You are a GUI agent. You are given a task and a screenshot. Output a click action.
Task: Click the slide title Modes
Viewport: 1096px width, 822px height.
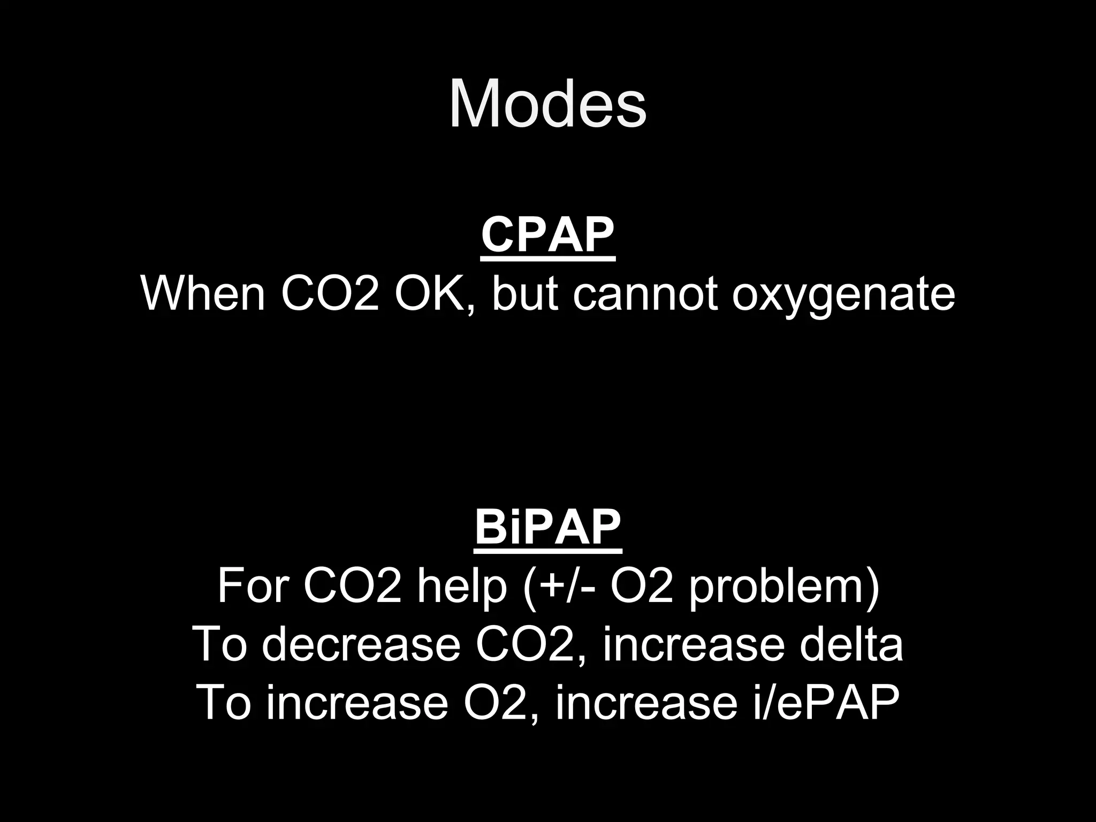click(547, 104)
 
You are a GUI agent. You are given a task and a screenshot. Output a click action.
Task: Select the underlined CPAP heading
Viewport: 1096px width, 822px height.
click(547, 235)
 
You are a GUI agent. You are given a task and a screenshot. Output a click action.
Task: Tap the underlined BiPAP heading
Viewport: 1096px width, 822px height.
click(547, 527)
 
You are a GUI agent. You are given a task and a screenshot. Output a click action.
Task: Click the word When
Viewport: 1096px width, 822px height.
click(203, 294)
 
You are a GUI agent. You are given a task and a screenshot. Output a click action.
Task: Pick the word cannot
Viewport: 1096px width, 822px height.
click(645, 294)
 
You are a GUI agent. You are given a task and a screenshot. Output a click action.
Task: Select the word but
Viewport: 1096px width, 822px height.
click(524, 294)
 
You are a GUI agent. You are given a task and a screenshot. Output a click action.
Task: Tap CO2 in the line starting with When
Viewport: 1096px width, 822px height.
click(329, 294)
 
